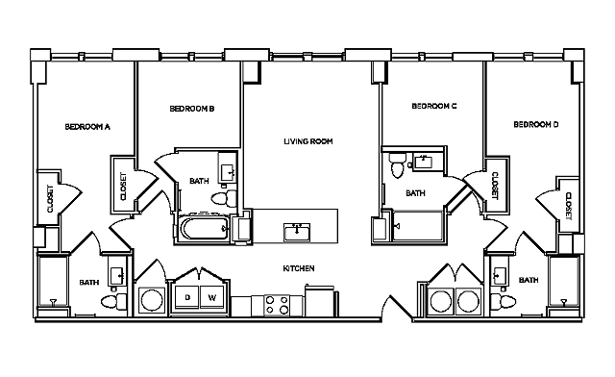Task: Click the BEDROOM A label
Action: pos(87,126)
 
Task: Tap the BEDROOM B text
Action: pos(191,109)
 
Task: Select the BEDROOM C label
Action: pos(432,106)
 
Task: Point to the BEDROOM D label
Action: pos(535,124)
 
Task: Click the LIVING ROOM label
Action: pos(307,142)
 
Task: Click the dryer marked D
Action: pos(187,298)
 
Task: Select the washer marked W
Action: pos(212,298)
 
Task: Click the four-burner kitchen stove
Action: pos(277,305)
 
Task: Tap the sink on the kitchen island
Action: pos(297,231)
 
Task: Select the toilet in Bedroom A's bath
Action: pos(109,303)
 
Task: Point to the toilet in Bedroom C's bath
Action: pos(396,169)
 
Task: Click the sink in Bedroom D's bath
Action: pos(499,276)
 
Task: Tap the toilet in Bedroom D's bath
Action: pos(504,303)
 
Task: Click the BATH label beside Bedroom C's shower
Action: pos(415,193)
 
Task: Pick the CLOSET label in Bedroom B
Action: pos(123,187)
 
